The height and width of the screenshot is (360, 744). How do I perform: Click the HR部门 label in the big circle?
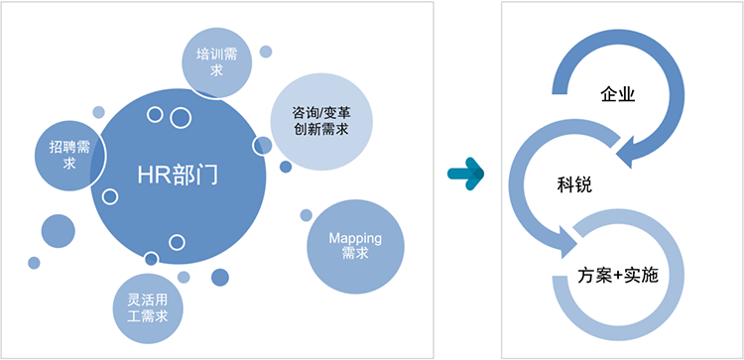pyautogui.click(x=178, y=176)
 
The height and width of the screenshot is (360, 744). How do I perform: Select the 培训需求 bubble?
pyautogui.click(x=217, y=63)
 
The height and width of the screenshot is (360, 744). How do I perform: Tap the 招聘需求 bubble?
pyautogui.click(x=69, y=156)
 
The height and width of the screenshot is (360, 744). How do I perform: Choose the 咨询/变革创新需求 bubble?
pyautogui.click(x=321, y=122)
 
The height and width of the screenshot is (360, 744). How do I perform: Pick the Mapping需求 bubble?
pyautogui.click(x=355, y=247)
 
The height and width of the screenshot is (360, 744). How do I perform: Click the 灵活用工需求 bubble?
pyautogui.click(x=148, y=308)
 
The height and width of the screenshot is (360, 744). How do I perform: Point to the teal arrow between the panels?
pyautogui.click(x=465, y=175)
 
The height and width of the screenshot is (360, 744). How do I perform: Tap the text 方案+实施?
pyautogui.click(x=618, y=276)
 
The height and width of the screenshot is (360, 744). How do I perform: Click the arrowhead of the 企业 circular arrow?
pyautogui.click(x=627, y=152)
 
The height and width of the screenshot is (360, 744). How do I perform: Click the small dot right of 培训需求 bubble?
pyautogui.click(x=266, y=52)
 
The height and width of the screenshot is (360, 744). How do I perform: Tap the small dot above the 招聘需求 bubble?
pyautogui.click(x=98, y=112)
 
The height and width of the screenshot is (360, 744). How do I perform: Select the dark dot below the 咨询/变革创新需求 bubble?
pyautogui.click(x=286, y=167)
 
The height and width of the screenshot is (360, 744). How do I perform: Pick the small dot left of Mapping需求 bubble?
pyautogui.click(x=307, y=215)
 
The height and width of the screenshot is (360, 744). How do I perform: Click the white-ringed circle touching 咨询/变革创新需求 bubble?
pyautogui.click(x=263, y=146)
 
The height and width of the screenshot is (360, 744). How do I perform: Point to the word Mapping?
pyautogui.click(x=355, y=238)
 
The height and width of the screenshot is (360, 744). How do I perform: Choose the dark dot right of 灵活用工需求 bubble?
pyautogui.click(x=220, y=278)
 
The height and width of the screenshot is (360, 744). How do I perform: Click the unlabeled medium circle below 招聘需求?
pyautogui.click(x=59, y=231)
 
